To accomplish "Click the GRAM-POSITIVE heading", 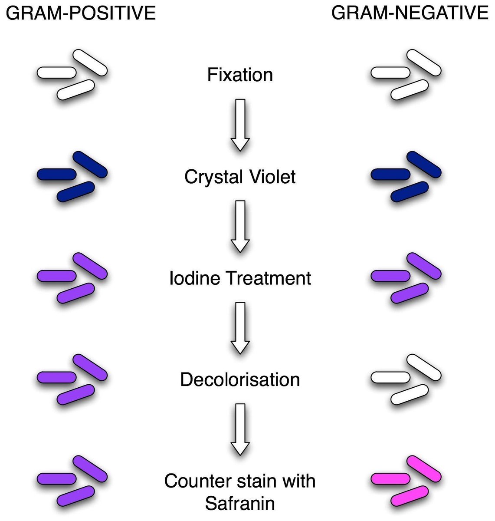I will [81, 13].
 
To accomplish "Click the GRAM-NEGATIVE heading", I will [410, 13].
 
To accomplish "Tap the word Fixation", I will [240, 75].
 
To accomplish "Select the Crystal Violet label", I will [240, 177].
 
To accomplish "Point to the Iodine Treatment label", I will [240, 278].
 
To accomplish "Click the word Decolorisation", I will [240, 380].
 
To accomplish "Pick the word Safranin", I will [240, 504].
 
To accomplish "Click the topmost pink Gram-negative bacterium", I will [424, 469].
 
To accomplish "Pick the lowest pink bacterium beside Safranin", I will [410, 496].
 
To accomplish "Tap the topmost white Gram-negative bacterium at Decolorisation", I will [424, 367].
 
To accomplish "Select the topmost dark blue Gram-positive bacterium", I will [90, 165].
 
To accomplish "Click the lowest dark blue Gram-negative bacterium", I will [410, 191].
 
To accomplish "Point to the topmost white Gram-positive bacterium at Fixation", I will [90, 63].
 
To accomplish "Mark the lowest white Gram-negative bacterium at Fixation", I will [410, 89].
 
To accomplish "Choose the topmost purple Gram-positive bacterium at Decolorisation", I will [90, 367].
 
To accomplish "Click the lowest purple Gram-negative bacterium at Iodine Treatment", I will [410, 293].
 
